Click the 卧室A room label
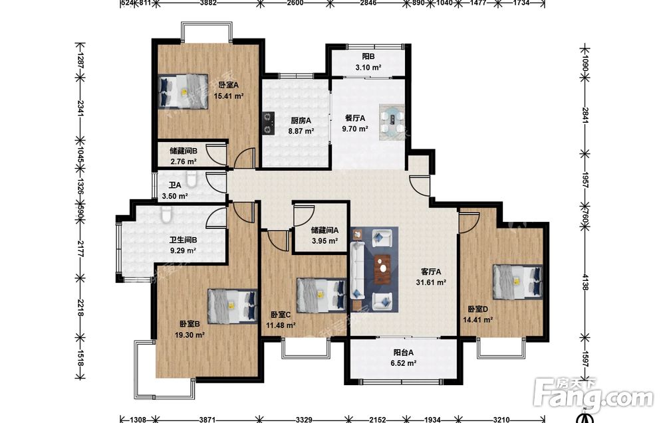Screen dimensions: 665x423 228,86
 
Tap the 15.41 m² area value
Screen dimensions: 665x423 229,96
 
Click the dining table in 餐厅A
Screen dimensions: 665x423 392,122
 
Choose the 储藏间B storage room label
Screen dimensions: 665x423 184,151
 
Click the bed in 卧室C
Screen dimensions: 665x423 321,295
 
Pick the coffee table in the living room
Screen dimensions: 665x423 383,268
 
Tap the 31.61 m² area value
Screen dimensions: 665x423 431,282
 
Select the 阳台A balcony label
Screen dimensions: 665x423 404,353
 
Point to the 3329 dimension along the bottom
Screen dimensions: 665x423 304,420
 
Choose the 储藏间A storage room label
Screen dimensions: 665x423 325,230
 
